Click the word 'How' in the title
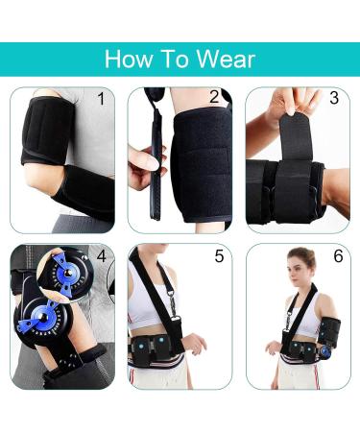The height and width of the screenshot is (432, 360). [x=127, y=59]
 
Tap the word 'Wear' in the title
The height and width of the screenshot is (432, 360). [x=223, y=59]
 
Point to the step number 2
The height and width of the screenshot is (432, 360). [x=214, y=97]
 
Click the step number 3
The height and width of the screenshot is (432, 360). [x=333, y=98]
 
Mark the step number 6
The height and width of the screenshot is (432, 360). [x=337, y=256]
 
